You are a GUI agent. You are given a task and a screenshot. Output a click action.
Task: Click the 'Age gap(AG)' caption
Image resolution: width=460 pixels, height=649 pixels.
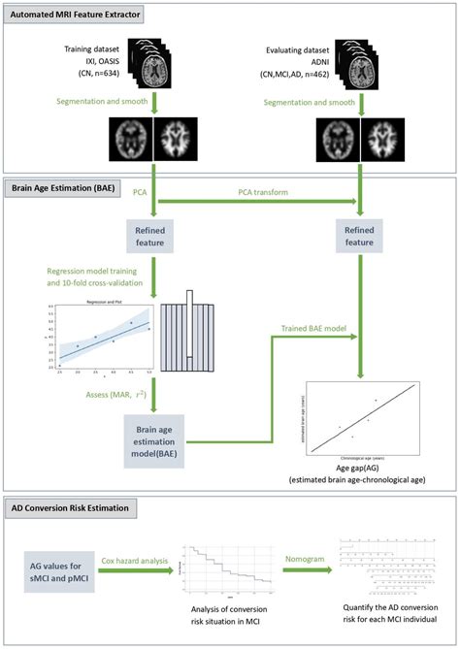361,468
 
